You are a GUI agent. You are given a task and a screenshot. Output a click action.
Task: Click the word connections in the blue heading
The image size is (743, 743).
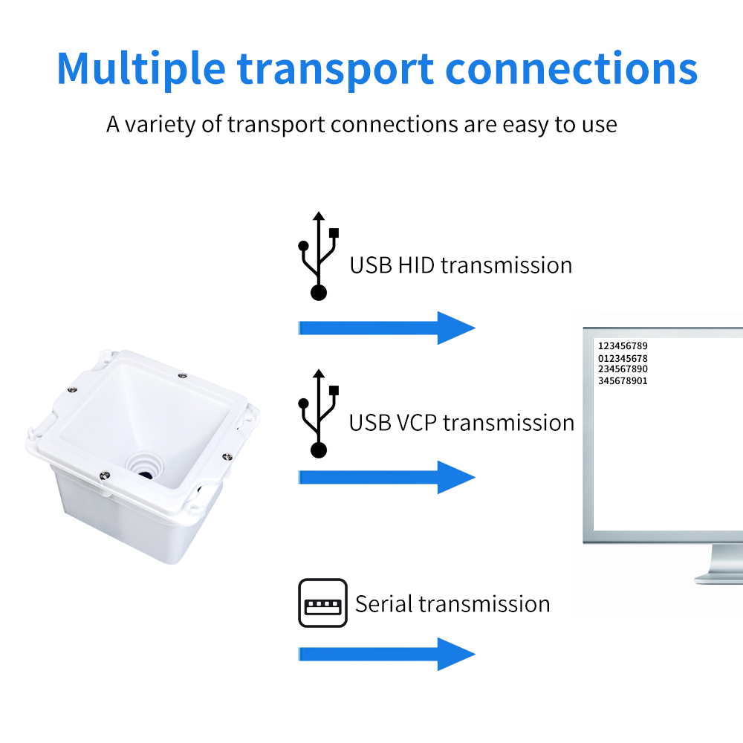click(571, 68)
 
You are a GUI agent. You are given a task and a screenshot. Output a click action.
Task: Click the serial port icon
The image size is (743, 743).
click(322, 603)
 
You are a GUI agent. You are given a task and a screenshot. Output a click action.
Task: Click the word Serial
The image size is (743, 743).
click(383, 603)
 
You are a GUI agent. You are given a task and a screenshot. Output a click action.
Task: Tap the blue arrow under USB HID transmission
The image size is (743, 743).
click(386, 328)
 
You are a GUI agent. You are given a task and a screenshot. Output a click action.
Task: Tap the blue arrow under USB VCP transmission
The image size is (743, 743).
click(386, 477)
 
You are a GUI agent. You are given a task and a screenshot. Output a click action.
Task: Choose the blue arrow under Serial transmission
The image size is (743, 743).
click(386, 654)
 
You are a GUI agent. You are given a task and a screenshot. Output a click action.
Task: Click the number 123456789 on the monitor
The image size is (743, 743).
click(623, 346)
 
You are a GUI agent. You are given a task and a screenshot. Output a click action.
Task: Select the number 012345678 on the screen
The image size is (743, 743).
click(623, 358)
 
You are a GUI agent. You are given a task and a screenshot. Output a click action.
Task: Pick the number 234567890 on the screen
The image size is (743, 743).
click(623, 369)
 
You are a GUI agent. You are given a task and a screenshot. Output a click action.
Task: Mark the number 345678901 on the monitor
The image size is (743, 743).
click(623, 381)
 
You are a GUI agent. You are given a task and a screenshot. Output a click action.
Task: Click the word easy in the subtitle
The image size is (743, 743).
click(525, 124)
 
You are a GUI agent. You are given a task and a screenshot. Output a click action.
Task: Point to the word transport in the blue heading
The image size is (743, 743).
click(335, 68)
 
